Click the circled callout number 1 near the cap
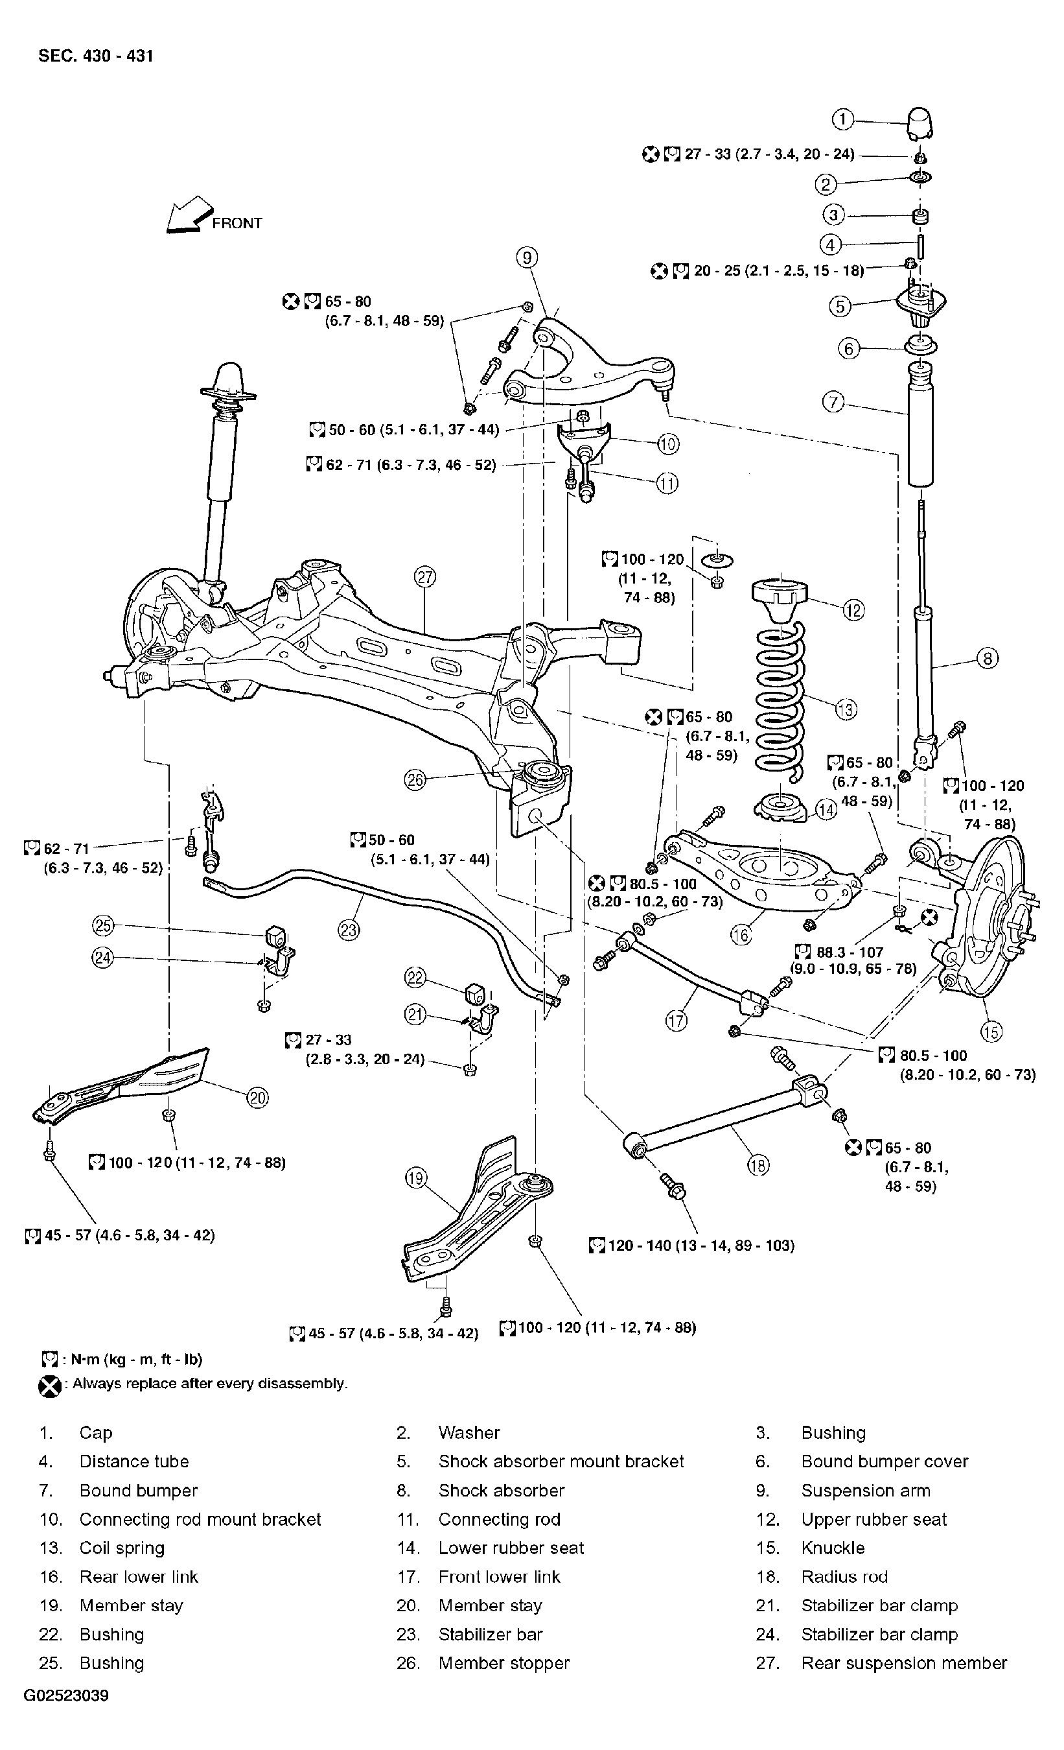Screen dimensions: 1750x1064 [x=842, y=119]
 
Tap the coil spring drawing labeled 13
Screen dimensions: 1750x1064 [x=780, y=700]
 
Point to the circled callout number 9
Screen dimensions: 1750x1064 [x=526, y=257]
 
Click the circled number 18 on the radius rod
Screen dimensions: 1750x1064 [x=758, y=1165]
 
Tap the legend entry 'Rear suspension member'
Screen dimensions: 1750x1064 [x=903, y=1662]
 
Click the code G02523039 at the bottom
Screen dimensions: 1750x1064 [x=67, y=1696]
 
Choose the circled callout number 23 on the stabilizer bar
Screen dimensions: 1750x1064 [x=349, y=930]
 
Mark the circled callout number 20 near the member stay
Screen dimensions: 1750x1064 [x=257, y=1098]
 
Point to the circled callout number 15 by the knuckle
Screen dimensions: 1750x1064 [x=991, y=1031]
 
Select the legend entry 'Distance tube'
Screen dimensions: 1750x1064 [x=134, y=1461]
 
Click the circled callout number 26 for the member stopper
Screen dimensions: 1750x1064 [x=415, y=780]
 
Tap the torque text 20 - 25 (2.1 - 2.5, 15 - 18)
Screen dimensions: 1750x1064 [x=778, y=270]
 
